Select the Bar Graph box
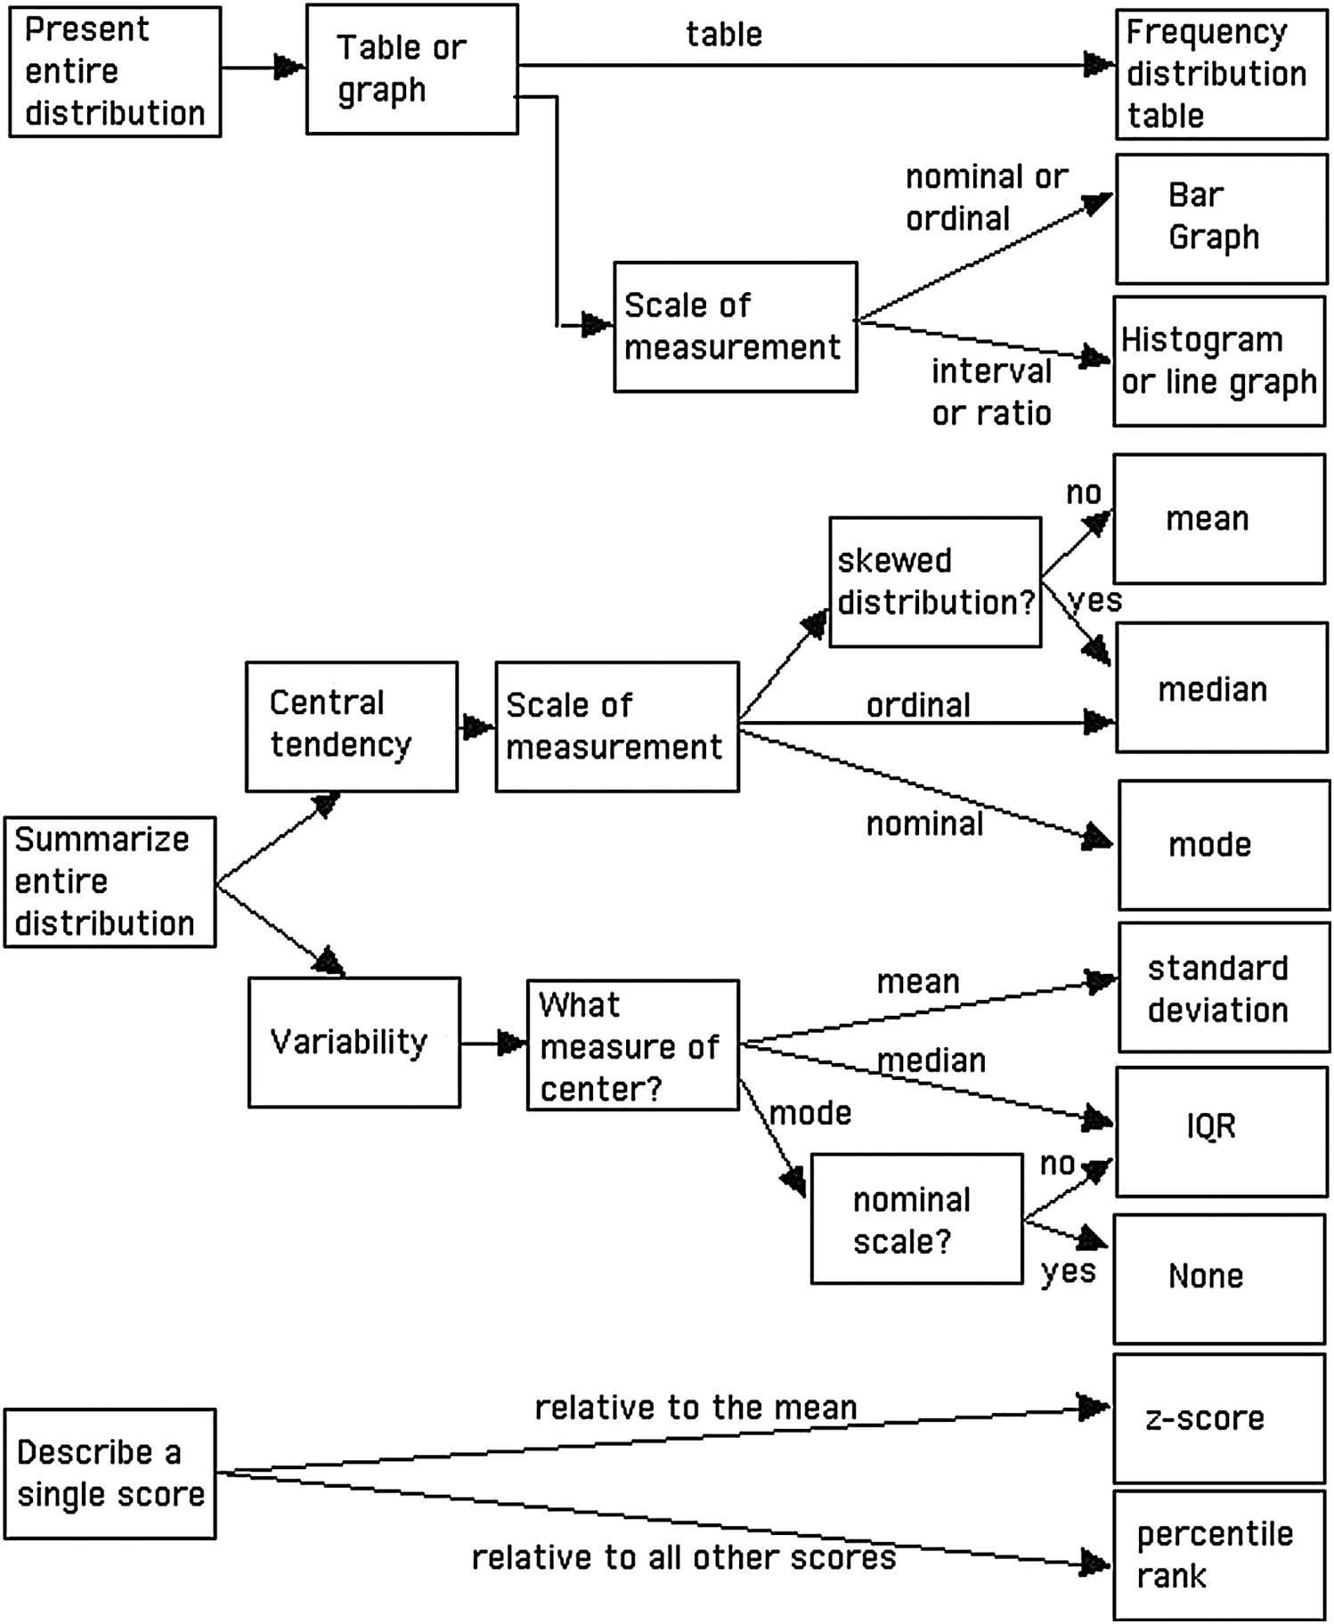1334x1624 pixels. pyautogui.click(x=1222, y=219)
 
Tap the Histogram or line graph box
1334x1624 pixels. pyautogui.click(x=1219, y=361)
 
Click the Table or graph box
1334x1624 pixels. pyautogui.click(x=412, y=69)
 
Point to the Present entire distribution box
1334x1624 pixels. pyautogui.click(x=115, y=72)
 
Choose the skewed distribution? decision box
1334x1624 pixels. pyautogui.click(x=935, y=582)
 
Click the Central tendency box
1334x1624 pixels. pyautogui.click(x=352, y=727)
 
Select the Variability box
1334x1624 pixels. pyautogui.click(x=354, y=1043)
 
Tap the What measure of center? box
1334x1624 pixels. pyautogui.click(x=633, y=1045)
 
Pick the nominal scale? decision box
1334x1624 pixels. pyautogui.click(x=916, y=1219)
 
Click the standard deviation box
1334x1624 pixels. pyautogui.click(x=1224, y=988)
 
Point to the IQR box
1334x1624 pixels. pyautogui.click(x=1222, y=1132)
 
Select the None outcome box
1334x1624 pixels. pyautogui.click(x=1219, y=1279)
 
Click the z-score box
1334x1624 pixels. pyautogui.click(x=1219, y=1418)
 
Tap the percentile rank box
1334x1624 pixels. pyautogui.click(x=1219, y=1555)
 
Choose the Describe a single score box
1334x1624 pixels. pyautogui.click(x=110, y=1474)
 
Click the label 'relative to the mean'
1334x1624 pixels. pyautogui.click(x=695, y=1408)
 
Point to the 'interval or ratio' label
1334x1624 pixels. pyautogui.click(x=991, y=392)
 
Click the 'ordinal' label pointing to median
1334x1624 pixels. pyautogui.click(x=918, y=705)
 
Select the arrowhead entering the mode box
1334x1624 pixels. pyautogui.click(x=1097, y=839)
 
